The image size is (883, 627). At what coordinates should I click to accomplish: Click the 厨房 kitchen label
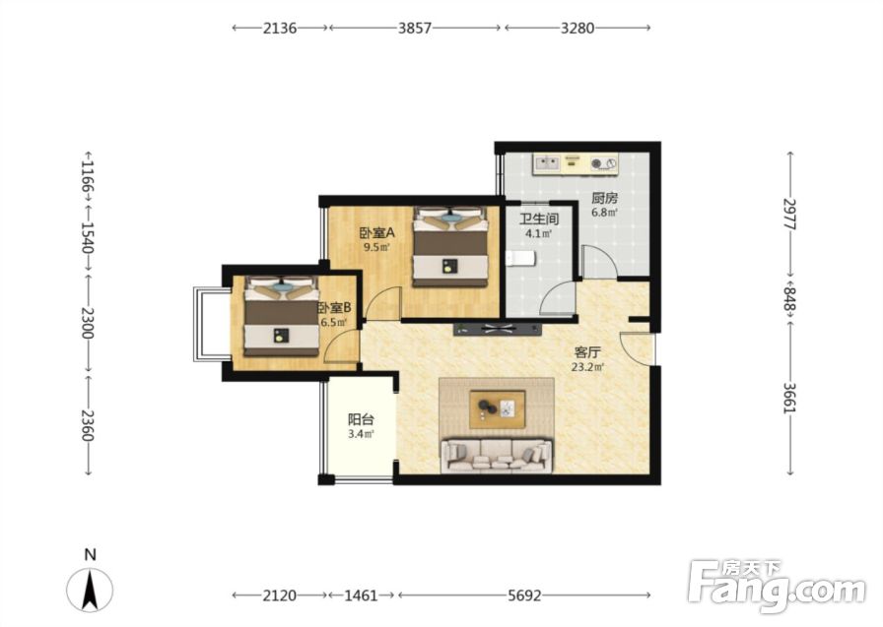pos(604,198)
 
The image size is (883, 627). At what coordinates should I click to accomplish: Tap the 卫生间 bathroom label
pos(539,219)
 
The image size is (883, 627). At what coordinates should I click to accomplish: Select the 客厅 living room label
pos(587,352)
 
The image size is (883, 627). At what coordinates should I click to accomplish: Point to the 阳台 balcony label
pos(361,419)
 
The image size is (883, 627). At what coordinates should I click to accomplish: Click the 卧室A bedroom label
pos(377,232)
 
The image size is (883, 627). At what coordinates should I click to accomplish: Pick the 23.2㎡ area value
pos(588,368)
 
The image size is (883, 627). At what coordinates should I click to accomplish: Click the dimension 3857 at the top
pos(415,28)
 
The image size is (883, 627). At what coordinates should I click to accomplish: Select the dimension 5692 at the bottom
pos(524,595)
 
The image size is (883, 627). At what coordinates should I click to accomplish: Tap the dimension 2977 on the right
pos(790,214)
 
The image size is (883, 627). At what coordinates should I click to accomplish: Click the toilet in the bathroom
pos(520,259)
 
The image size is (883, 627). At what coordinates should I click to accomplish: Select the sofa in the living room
pos(497,456)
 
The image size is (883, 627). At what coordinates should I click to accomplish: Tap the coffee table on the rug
pos(498,408)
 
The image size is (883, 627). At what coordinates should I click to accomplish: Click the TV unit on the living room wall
pos(498,330)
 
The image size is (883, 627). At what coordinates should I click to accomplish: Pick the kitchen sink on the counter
pos(546,163)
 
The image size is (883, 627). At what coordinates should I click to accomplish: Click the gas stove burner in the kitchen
pos(597,164)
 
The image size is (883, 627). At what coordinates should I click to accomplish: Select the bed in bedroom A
pos(450,247)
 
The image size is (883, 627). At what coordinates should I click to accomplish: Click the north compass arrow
pos(90,590)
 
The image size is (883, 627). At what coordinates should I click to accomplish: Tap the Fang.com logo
pos(778,586)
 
